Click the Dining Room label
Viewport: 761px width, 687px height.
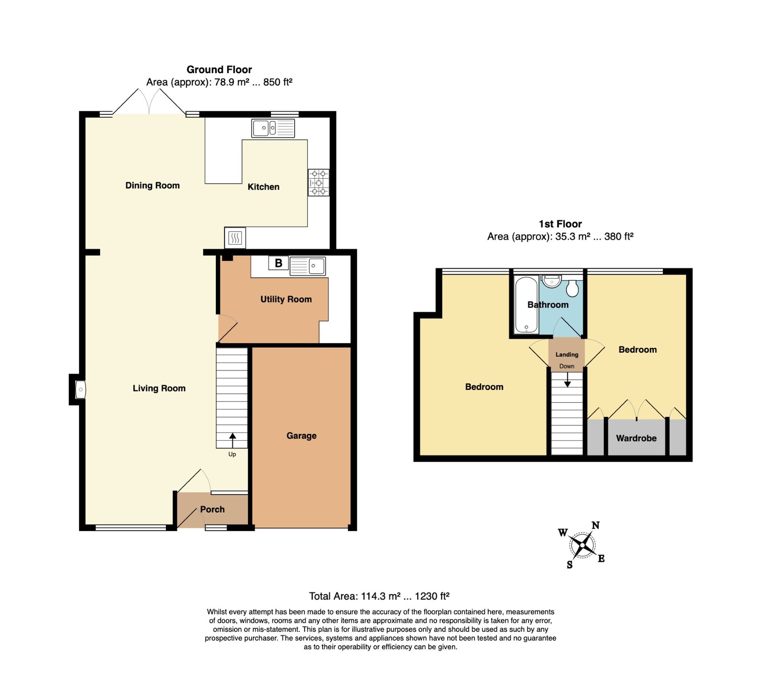[x=153, y=185]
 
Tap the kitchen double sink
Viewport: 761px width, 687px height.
[x=273, y=128]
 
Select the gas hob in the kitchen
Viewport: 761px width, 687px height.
[x=318, y=182]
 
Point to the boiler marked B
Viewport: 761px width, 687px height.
[x=279, y=263]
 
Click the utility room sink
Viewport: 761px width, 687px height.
[x=307, y=266]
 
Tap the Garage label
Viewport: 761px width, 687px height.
[x=301, y=435]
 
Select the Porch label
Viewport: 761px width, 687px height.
[x=212, y=509]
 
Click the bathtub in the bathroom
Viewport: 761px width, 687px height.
[x=526, y=304]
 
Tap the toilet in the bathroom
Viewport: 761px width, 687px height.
[x=572, y=288]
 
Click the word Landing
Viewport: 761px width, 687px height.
[x=567, y=354]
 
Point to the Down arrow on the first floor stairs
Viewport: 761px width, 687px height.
[x=567, y=379]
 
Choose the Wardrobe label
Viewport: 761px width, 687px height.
[x=636, y=438]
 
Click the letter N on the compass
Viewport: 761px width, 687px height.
[x=596, y=525]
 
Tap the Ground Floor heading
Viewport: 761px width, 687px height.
[x=219, y=70]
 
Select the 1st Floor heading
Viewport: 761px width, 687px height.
[x=560, y=224]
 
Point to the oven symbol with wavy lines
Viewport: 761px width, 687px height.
[x=235, y=238]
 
